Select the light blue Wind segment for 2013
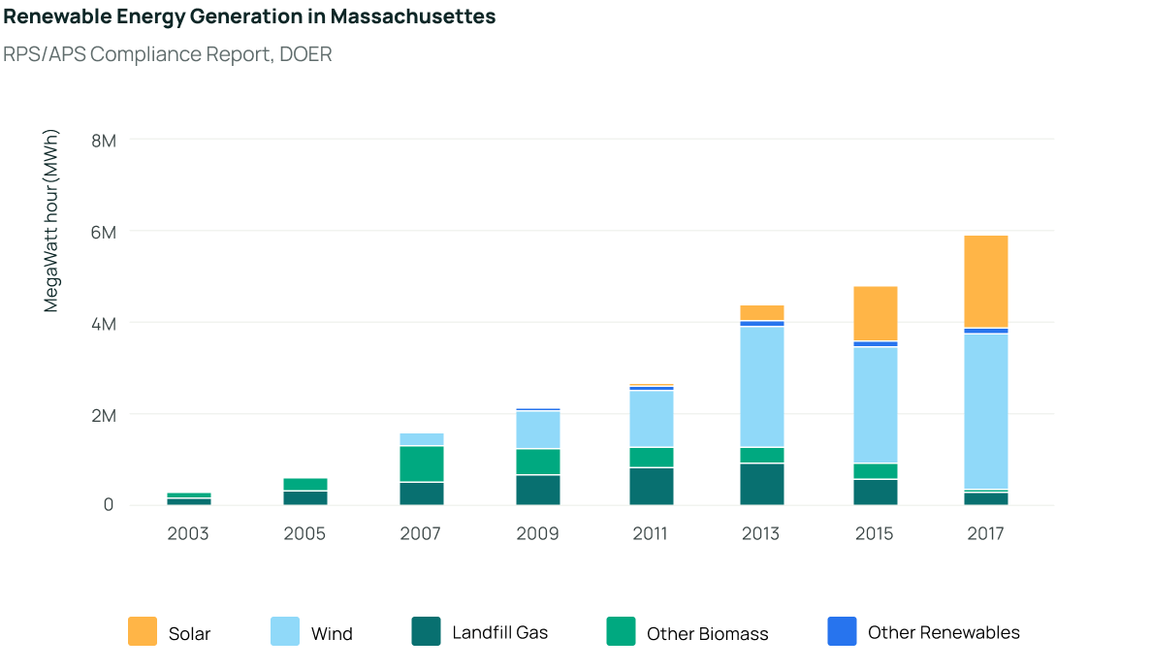click(761, 386)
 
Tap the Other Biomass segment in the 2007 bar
click(422, 463)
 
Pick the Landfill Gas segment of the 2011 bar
click(651, 486)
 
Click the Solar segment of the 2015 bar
click(875, 313)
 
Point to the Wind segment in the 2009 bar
click(537, 430)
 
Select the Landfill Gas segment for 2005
click(304, 497)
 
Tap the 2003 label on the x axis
click(188, 534)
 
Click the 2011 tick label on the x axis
click(651, 534)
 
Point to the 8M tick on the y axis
click(103, 141)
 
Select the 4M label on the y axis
click(103, 324)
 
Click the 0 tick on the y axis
click(109, 505)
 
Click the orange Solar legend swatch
click(143, 631)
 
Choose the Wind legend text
click(332, 634)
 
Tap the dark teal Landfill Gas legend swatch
click(426, 631)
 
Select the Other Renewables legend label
click(943, 632)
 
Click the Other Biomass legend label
click(707, 634)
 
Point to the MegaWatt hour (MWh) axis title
click(51, 221)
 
